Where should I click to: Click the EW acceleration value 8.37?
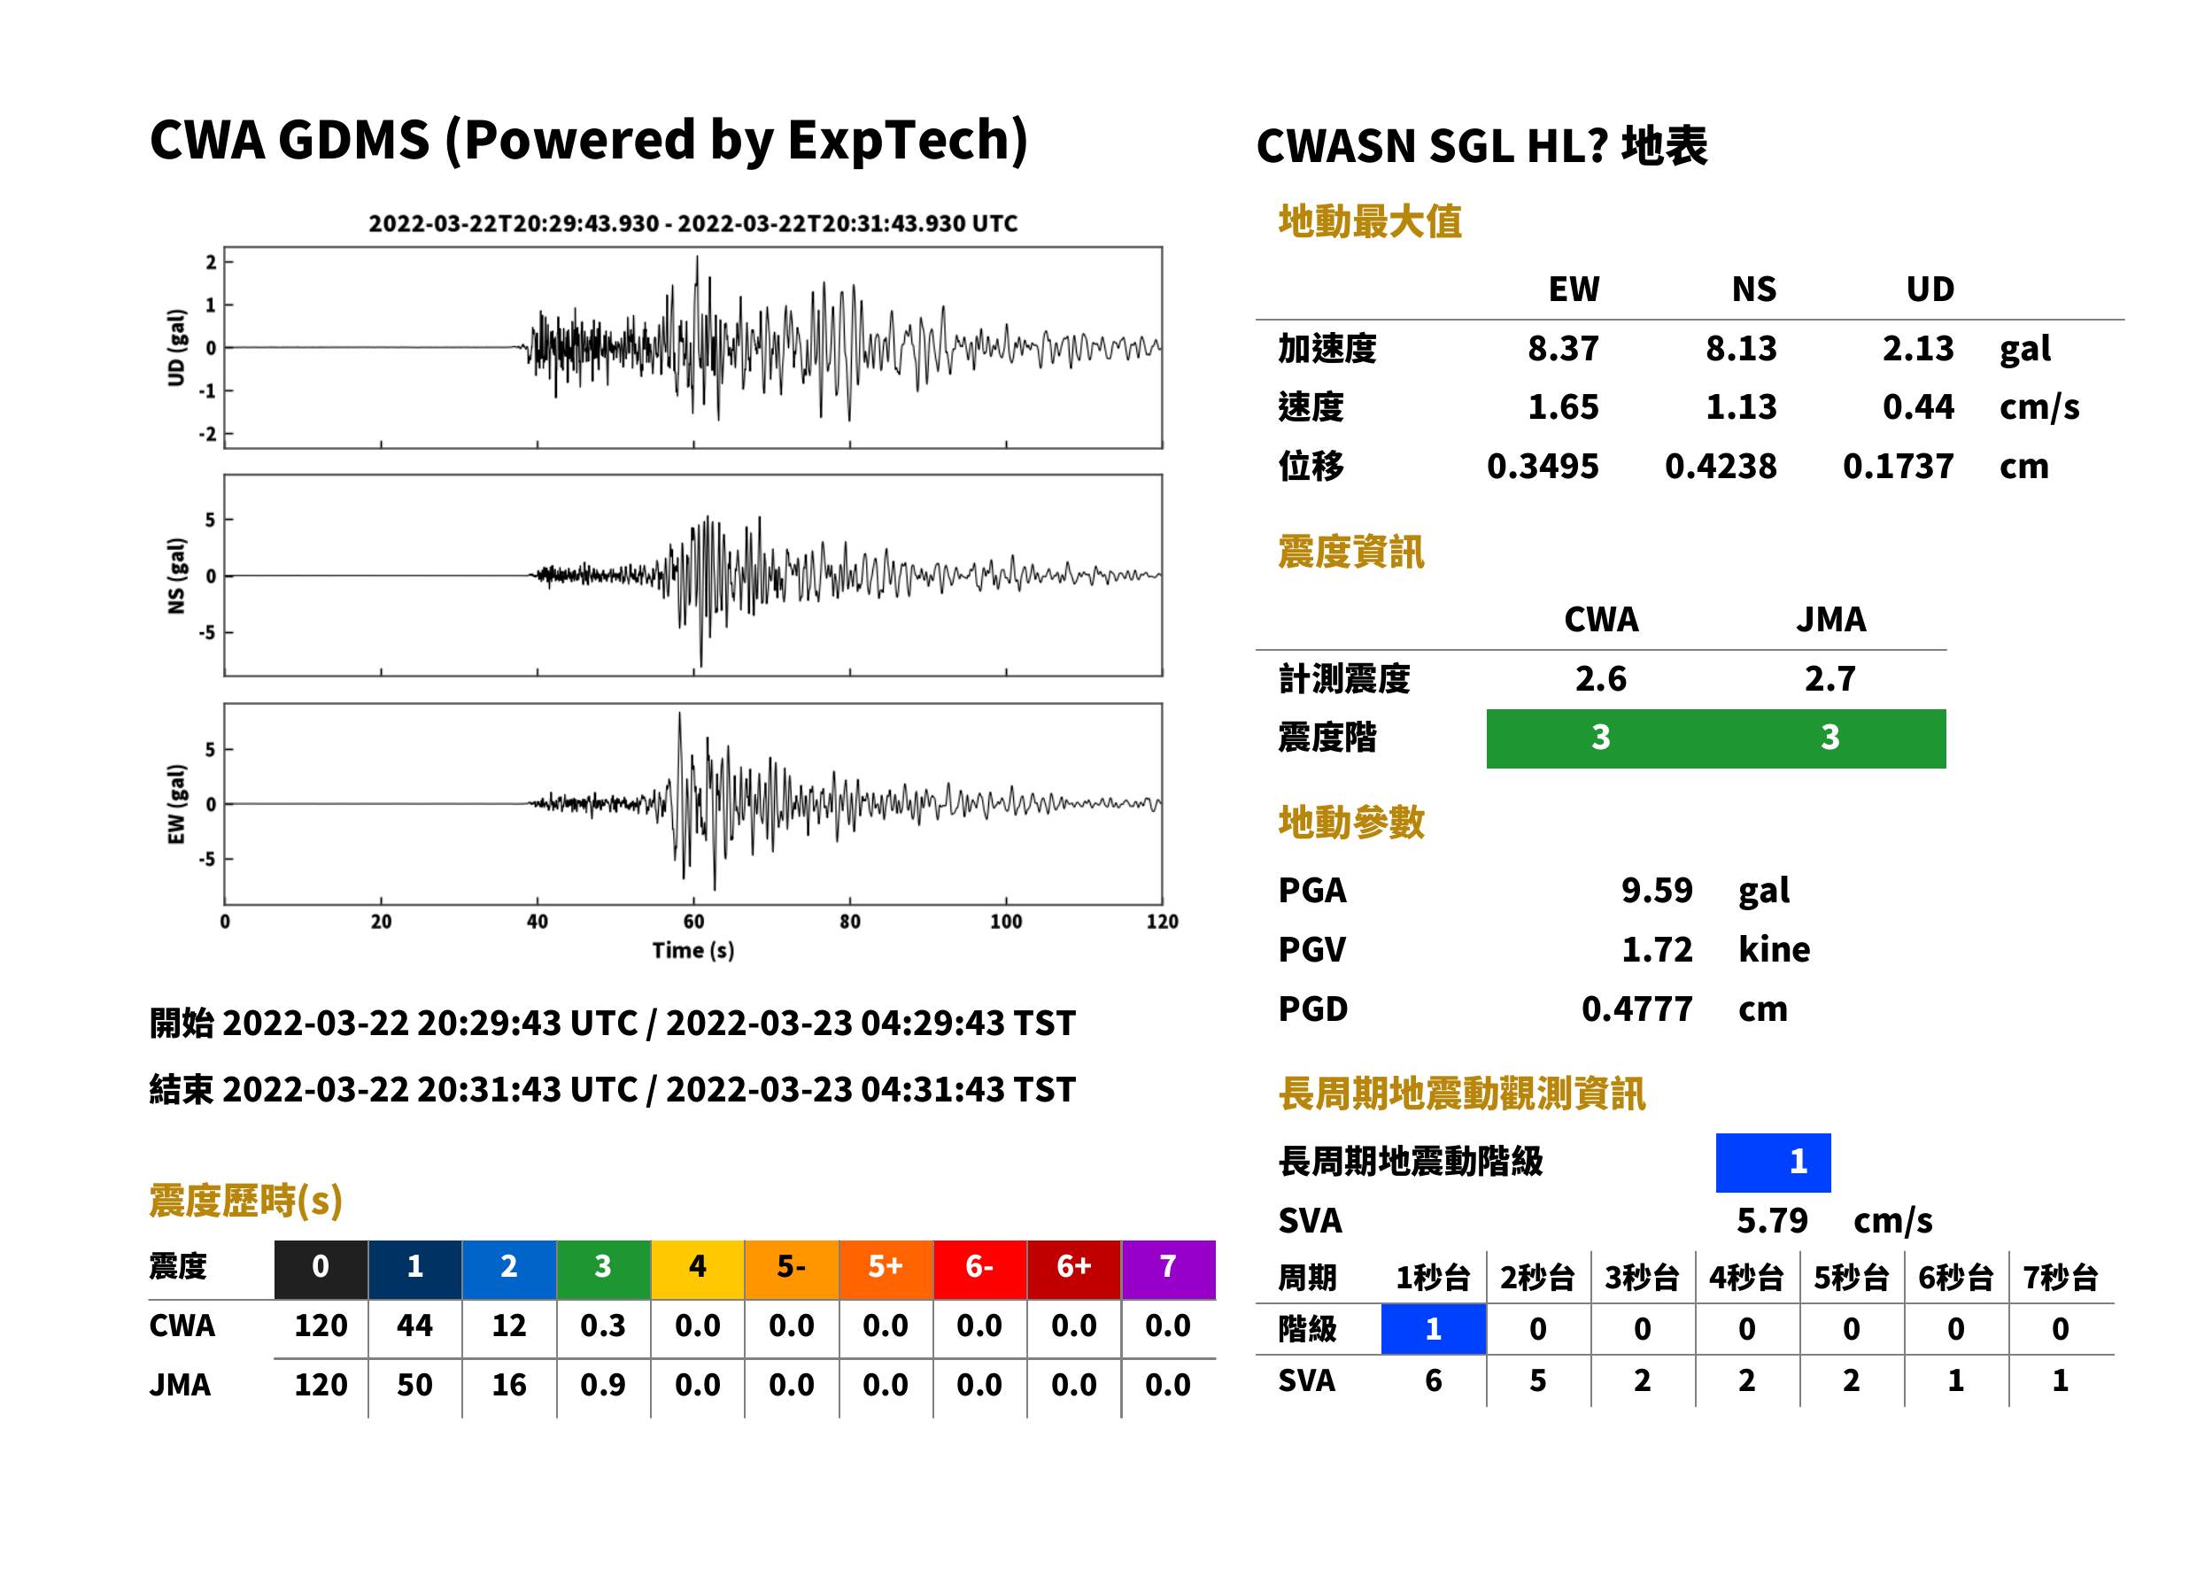(x=1562, y=349)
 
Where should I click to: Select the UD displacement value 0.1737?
(x=1898, y=467)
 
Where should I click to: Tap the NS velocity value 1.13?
(x=1740, y=406)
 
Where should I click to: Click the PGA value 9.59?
(x=1656, y=890)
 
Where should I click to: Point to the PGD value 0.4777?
(x=1636, y=1009)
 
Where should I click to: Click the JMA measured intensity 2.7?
(x=1830, y=678)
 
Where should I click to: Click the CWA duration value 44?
(x=414, y=1326)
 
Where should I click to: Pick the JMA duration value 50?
(x=414, y=1385)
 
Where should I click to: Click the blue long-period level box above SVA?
(x=1773, y=1163)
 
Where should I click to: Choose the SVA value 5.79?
(x=1771, y=1220)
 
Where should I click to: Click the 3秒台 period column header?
(x=1642, y=1277)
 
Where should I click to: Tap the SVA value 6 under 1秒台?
(x=1433, y=1380)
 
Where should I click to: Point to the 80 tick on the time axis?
(x=849, y=922)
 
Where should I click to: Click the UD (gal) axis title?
(x=176, y=348)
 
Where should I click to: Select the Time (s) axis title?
(x=692, y=951)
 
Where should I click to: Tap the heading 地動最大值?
(x=1369, y=221)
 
